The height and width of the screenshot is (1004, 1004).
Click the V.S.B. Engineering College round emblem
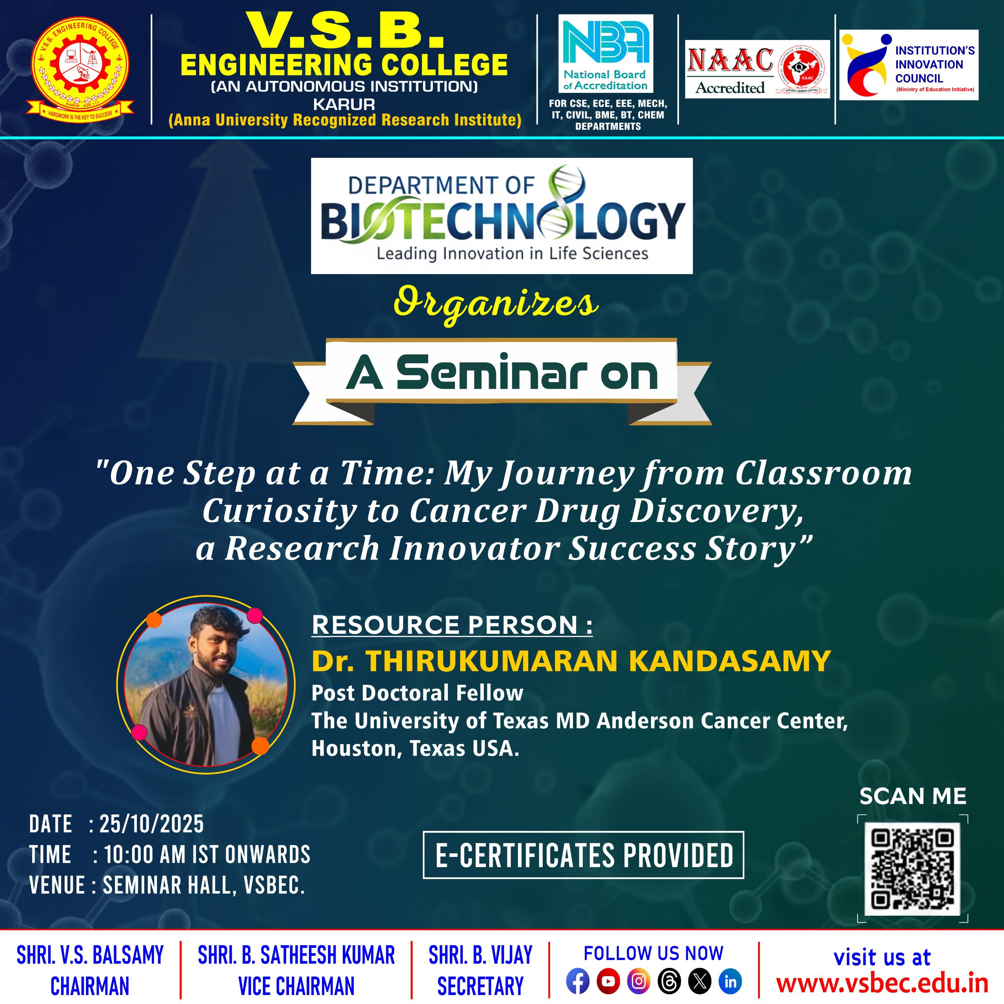click(80, 67)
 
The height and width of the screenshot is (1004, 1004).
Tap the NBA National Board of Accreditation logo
click(606, 53)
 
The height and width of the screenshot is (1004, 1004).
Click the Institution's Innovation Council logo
click(909, 65)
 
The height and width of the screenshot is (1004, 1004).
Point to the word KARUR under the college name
click(344, 104)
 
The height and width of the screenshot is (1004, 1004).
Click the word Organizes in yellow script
click(496, 304)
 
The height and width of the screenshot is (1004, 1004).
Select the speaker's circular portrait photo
click(206, 684)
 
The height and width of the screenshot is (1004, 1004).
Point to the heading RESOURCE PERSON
click(452, 625)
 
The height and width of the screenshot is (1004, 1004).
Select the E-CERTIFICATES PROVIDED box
click(584, 855)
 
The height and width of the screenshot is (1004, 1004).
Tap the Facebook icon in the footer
click(577, 982)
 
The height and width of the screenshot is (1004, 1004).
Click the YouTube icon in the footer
click(608, 982)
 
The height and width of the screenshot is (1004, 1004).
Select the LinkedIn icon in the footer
click(730, 982)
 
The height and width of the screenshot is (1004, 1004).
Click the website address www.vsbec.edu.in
click(882, 983)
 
